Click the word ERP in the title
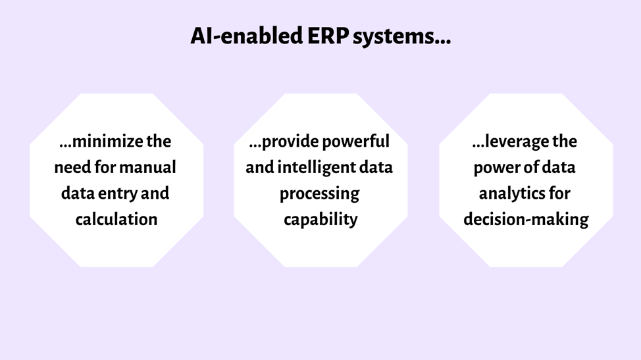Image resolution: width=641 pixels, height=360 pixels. tap(328, 36)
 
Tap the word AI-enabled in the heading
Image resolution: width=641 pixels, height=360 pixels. tap(247, 36)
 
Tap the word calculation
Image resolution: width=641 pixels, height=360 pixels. tap(116, 219)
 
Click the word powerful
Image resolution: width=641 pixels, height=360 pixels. tap(355, 141)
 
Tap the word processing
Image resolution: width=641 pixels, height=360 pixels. tap(319, 193)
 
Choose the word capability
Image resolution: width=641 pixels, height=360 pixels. tap(320, 220)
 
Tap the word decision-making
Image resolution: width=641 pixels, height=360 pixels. tap(526, 219)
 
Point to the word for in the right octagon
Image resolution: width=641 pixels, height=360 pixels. tap(559, 193)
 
